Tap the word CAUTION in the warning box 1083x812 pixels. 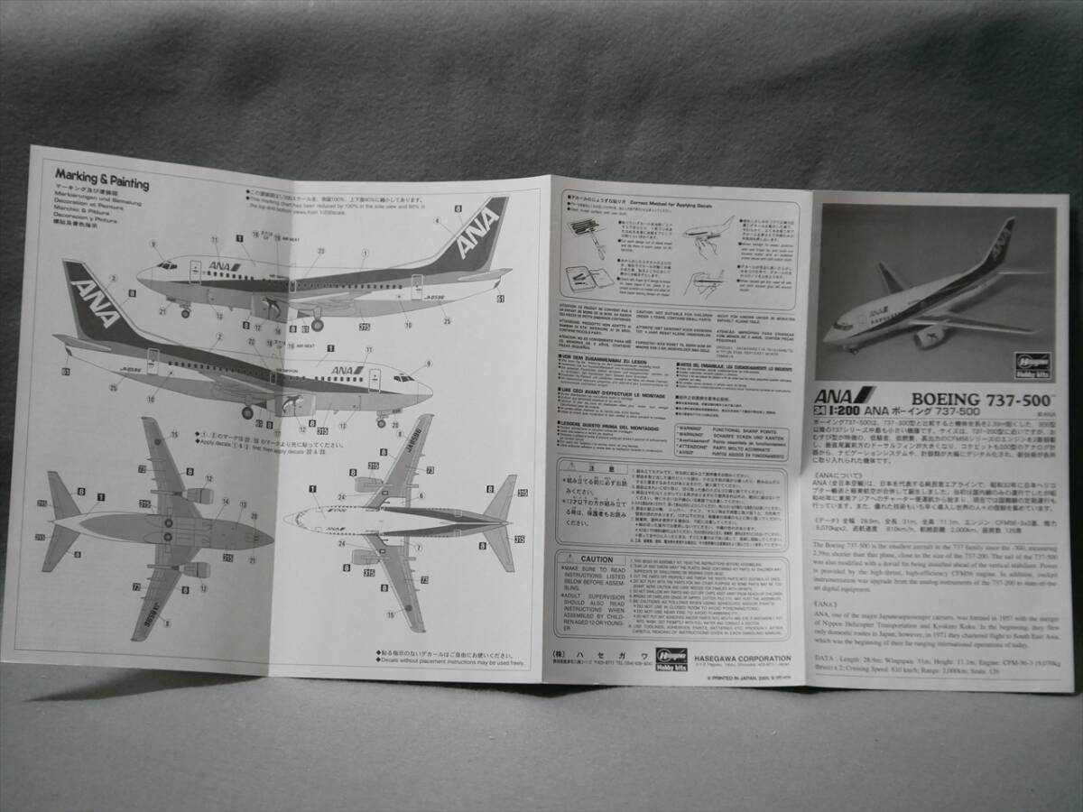click(x=597, y=560)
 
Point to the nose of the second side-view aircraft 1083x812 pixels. click(x=428, y=392)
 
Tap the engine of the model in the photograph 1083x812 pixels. click(x=930, y=337)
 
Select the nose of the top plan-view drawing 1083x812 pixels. click(x=289, y=519)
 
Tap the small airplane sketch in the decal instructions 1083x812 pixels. click(x=709, y=229)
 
